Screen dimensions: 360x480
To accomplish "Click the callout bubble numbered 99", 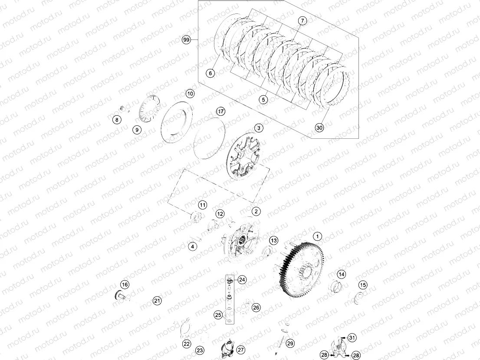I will coord(186,40).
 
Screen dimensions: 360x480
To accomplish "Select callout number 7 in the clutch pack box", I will coord(302,21).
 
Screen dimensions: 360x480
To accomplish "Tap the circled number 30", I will coord(319,128).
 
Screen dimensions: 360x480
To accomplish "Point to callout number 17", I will coord(221,111).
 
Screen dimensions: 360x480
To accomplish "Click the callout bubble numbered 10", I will coord(190,94).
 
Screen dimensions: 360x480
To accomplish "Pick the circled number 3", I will coord(258,128).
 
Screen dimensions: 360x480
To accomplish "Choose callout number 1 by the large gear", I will coord(318,236).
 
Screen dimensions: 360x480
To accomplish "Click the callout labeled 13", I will coord(273,240).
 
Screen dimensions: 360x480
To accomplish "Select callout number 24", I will coord(242,280).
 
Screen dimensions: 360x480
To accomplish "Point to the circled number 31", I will coord(352,338).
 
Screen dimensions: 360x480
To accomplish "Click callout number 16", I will coord(125,285).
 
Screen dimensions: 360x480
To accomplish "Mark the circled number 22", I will coord(186,344).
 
